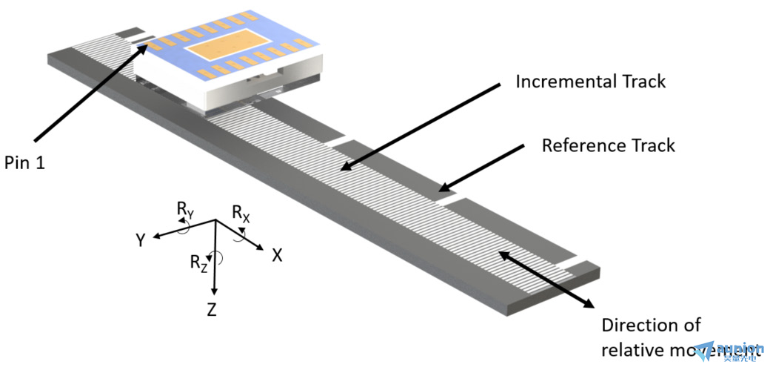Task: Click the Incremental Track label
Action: coord(591,81)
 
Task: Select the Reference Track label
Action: coord(608,145)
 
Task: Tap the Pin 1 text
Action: coord(25,162)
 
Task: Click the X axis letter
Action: coord(277,255)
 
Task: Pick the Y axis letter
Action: coord(139,239)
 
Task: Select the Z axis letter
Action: coord(212,310)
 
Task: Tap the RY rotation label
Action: coord(185,211)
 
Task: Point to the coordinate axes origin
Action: coord(215,221)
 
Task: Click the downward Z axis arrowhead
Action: coord(214,294)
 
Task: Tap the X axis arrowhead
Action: coord(261,248)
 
